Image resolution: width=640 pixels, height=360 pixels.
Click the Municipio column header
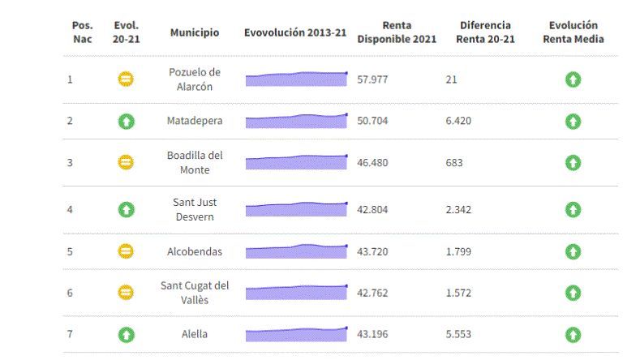click(x=194, y=32)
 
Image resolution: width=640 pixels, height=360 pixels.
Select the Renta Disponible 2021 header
click(x=397, y=32)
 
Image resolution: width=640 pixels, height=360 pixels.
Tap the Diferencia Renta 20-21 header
click(x=484, y=32)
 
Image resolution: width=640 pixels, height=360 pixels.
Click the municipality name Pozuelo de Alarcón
click(x=194, y=79)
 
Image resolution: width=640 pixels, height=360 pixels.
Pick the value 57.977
click(x=372, y=79)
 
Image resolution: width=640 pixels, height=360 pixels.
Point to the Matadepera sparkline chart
click(x=296, y=121)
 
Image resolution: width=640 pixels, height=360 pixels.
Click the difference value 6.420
click(x=458, y=121)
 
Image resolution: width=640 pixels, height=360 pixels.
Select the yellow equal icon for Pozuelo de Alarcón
click(x=126, y=79)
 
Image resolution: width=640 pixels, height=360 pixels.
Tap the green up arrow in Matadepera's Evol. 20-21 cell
click(x=126, y=121)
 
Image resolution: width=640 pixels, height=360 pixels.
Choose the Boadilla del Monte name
click(x=194, y=162)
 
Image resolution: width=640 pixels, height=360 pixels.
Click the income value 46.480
click(x=372, y=162)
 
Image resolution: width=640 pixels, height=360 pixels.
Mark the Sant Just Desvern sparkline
click(x=296, y=209)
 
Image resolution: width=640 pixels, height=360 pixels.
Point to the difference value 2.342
click(x=458, y=209)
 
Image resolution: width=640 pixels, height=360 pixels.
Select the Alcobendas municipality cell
click(x=194, y=251)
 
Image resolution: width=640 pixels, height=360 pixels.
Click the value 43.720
click(x=372, y=251)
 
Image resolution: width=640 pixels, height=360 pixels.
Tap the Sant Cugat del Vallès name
click(x=194, y=293)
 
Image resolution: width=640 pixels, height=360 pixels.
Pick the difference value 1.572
click(x=458, y=293)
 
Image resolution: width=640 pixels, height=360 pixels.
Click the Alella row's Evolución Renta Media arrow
click(x=573, y=334)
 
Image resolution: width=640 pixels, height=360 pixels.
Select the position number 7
click(x=70, y=334)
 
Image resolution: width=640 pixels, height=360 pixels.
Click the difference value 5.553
click(x=458, y=334)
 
